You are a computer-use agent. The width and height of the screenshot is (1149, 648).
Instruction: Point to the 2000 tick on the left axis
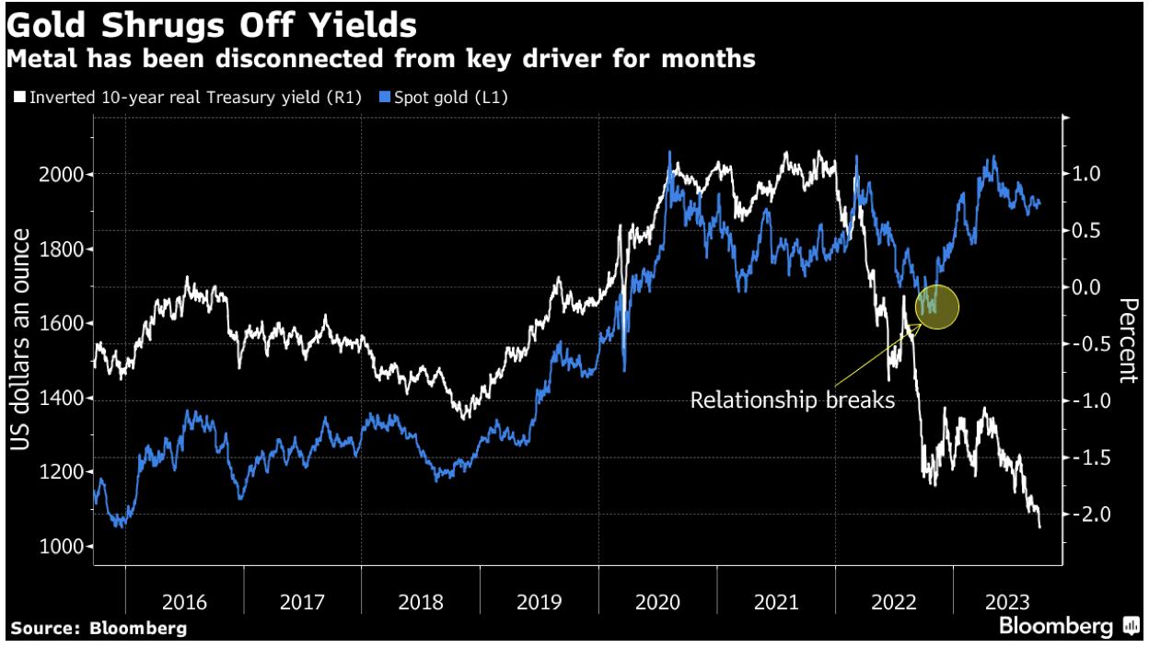coord(64,174)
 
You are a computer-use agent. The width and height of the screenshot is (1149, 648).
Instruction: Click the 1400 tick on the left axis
coord(64,398)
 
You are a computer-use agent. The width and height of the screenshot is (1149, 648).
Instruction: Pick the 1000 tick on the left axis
coord(64,547)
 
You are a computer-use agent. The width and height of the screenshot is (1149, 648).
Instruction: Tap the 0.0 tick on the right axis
coord(1092,287)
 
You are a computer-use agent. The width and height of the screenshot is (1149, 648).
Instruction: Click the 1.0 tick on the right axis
coord(1092,174)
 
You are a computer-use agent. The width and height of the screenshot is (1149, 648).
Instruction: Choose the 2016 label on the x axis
coord(184,603)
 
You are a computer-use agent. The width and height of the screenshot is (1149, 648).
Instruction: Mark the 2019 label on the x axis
coord(540,603)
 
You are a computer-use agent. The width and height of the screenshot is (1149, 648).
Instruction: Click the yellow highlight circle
coord(937,306)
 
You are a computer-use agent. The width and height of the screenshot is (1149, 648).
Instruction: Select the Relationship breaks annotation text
coord(793,400)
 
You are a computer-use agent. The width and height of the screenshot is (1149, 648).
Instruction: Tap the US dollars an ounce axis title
coord(22,341)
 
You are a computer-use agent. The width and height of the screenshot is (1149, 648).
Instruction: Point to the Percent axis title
coord(1125,341)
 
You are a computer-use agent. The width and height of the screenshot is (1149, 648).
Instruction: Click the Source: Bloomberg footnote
coord(99,629)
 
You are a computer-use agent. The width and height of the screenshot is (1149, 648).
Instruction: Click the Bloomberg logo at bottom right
coord(1068,627)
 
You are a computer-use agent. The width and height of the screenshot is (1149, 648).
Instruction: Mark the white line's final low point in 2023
coord(1040,526)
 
